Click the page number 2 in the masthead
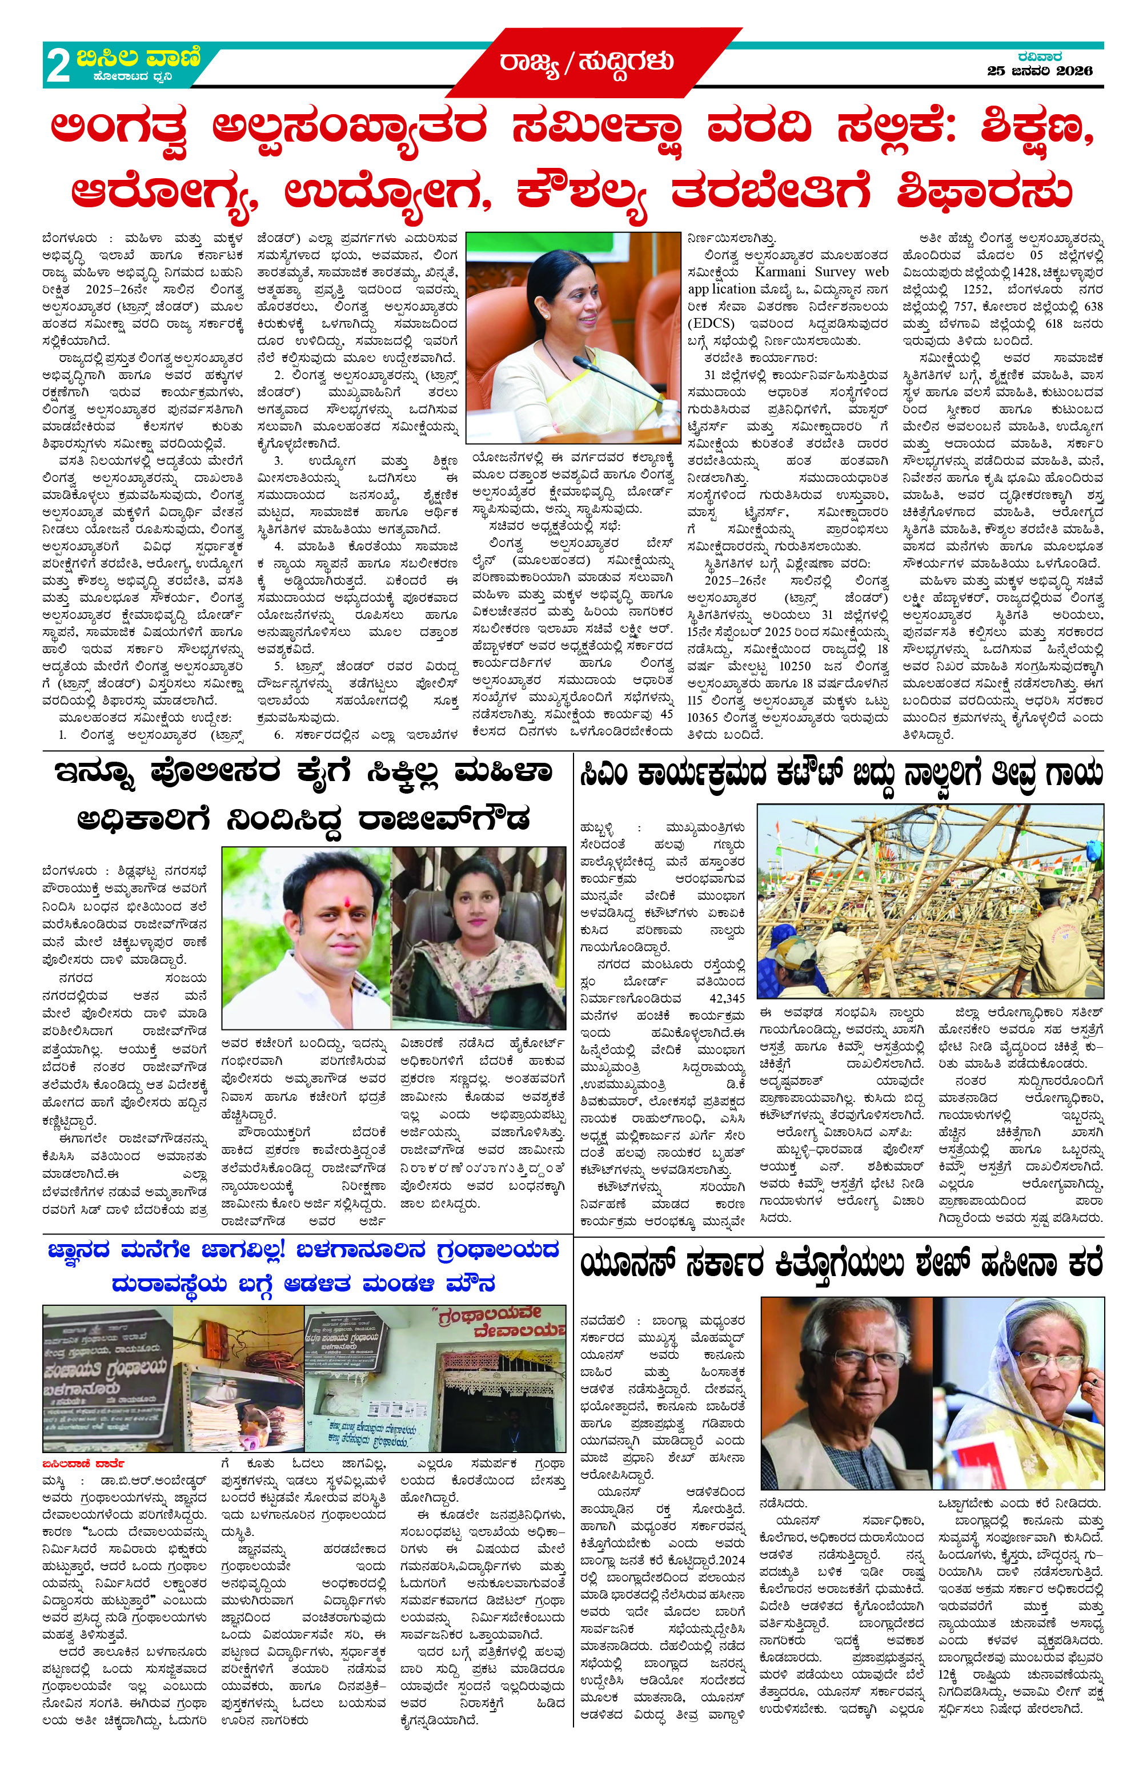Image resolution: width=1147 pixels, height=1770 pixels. coord(58,66)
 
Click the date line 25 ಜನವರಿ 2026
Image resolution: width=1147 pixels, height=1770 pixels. coord(1039,71)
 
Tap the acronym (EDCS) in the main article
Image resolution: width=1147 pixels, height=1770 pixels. coord(711,324)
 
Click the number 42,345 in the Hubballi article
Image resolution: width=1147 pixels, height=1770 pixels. coord(726,998)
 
